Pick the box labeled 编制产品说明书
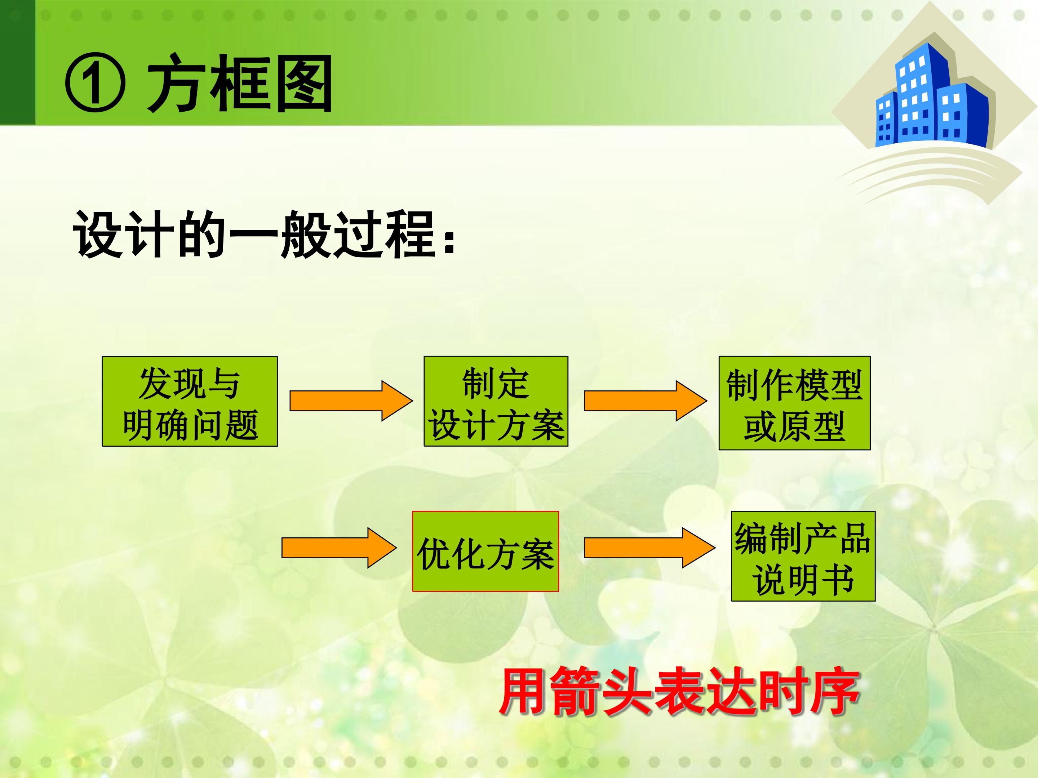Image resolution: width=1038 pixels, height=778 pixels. pos(803,556)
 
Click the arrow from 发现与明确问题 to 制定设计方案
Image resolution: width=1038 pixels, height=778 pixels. pos(351,401)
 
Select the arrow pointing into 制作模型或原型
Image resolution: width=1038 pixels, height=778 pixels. pos(645,401)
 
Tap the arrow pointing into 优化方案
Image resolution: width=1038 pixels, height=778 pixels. pos(339,548)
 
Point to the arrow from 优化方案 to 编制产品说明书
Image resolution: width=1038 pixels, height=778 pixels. pos(649,548)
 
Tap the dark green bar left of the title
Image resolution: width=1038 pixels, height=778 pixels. pos(17,62)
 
